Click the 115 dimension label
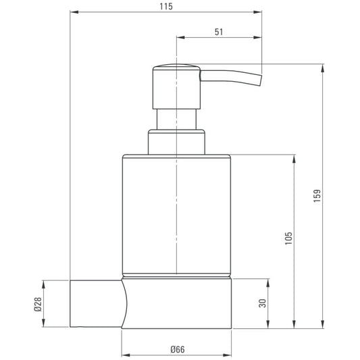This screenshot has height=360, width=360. coord(166,7)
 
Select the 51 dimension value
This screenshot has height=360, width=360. coord(219,32)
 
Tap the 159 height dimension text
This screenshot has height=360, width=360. coord(317,196)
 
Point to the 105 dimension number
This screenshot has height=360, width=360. coord(288,238)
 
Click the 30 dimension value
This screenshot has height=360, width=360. coord(262,303)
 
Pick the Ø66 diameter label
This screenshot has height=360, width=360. coord(178,349)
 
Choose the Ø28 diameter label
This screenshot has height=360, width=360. coord(38,304)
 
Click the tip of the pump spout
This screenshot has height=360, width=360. coord(260,80)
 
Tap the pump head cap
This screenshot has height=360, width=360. coord(176,86)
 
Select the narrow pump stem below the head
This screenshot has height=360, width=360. coord(176,120)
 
